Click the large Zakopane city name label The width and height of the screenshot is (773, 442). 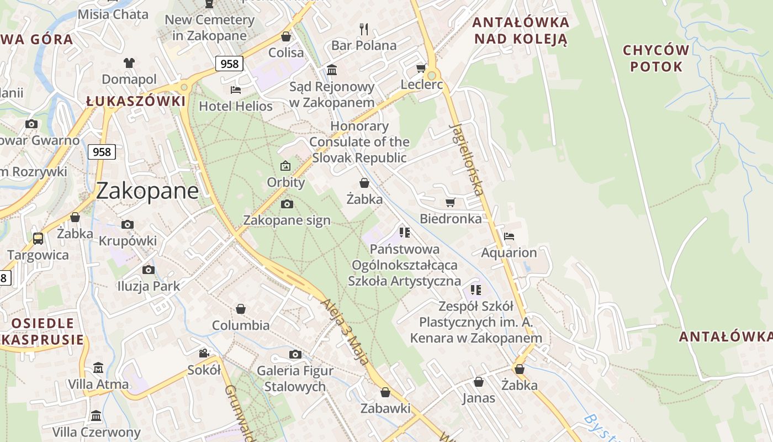(147, 191)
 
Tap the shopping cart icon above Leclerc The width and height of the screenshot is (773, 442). (421, 69)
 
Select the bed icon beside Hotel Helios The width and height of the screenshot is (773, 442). (236, 90)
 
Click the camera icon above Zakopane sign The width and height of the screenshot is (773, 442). (287, 204)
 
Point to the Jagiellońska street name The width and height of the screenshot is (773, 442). (467, 159)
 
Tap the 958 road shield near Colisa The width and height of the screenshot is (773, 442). (229, 64)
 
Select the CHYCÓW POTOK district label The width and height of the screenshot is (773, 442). (656, 59)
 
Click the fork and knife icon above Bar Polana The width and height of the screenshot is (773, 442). (363, 29)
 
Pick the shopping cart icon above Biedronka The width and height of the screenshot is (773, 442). (450, 203)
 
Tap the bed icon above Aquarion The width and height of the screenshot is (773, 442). (509, 236)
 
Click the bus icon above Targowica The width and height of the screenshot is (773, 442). (38, 239)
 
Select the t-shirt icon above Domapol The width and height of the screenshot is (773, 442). (129, 63)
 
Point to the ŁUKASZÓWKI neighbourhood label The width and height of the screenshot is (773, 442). (136, 102)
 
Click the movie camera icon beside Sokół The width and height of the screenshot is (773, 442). (204, 354)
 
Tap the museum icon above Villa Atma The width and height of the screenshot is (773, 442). (98, 367)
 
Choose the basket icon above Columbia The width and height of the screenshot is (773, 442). (241, 309)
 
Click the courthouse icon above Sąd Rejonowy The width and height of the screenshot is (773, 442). (332, 70)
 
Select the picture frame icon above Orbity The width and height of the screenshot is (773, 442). (285, 166)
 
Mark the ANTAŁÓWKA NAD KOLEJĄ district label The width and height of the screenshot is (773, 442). (521, 30)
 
